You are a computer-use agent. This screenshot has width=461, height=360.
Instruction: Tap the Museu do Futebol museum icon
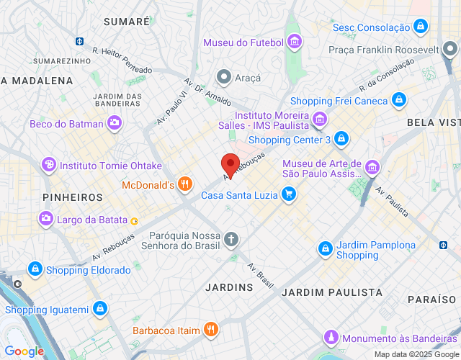[294, 42]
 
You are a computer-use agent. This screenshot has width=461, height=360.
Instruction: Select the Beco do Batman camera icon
[115, 124]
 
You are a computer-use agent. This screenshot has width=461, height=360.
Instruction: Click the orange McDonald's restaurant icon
[185, 185]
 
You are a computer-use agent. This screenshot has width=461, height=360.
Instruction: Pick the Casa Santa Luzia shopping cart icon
[289, 194]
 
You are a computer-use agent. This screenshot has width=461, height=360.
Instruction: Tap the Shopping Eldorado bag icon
[35, 269]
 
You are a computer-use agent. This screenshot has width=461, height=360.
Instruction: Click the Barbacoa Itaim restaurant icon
[210, 330]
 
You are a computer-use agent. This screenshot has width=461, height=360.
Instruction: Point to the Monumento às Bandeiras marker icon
[331, 337]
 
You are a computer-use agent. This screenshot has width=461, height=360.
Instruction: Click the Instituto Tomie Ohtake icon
[49, 165]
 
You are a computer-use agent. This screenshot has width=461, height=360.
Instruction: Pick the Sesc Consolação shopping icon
[421, 27]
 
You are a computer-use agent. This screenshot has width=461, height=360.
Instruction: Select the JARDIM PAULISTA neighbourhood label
[332, 292]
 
